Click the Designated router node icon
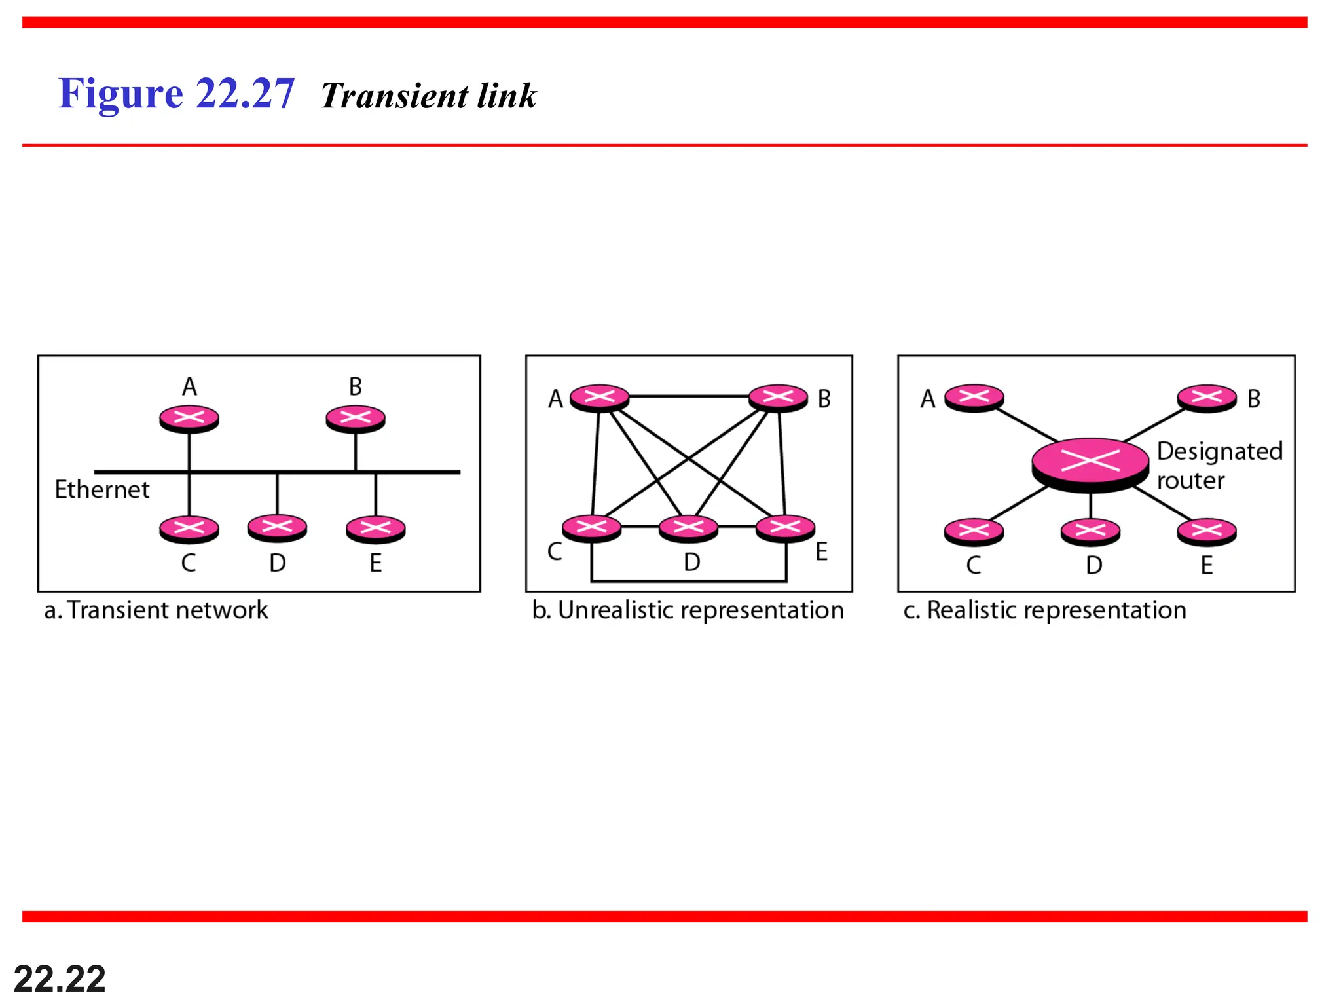tap(1090, 463)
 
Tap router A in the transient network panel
tap(189, 419)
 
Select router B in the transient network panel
tap(356, 419)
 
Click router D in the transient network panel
tap(277, 527)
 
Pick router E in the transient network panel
tap(376, 529)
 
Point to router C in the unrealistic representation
tap(591, 528)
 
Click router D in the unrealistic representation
tap(688, 528)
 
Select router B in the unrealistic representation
tap(778, 398)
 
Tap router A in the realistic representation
tap(974, 398)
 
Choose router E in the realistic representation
tap(1207, 532)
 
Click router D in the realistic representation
tap(1090, 532)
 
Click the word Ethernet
tap(101, 490)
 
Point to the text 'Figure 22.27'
tap(177, 93)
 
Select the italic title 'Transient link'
tap(429, 96)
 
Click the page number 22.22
tap(60, 979)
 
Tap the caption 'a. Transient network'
tap(156, 610)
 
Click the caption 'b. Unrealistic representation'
tap(688, 610)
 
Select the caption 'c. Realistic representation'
tap(1044, 610)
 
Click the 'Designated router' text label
tap(1219, 466)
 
